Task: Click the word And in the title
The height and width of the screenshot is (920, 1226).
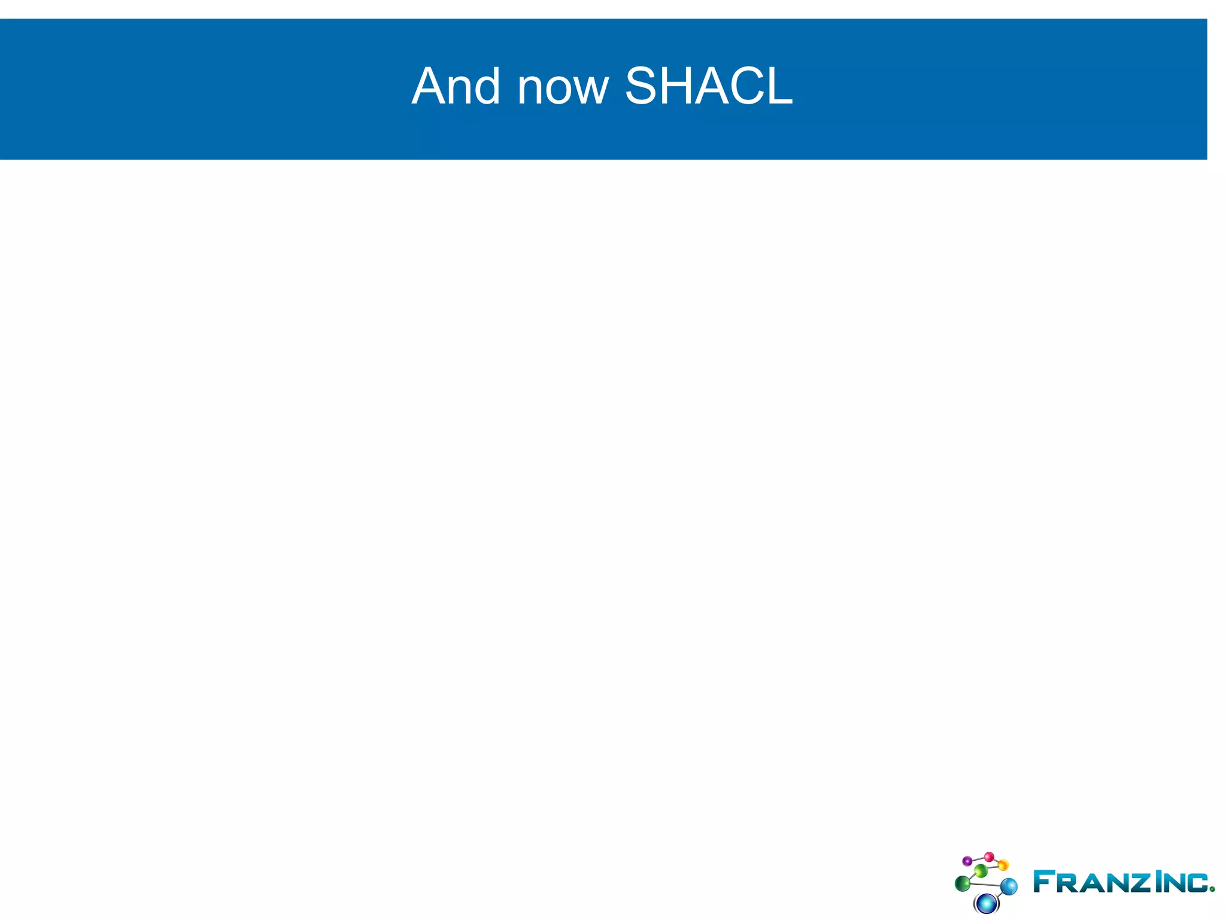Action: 456,86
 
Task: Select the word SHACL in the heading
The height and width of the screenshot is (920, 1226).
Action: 709,86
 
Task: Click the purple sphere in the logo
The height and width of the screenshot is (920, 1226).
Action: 967,861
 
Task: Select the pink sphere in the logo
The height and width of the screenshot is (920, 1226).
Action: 989,857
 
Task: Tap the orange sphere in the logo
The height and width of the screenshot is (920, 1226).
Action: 1003,865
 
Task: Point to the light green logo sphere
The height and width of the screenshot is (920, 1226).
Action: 981,870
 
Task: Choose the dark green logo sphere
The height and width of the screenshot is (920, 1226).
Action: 963,883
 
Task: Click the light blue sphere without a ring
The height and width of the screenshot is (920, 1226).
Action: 1009,886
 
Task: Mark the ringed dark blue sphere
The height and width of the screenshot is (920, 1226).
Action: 986,902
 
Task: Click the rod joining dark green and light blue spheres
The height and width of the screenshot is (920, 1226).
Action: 985,884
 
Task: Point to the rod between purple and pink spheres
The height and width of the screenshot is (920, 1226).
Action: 978,859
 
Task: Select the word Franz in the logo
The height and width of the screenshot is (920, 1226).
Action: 1091,882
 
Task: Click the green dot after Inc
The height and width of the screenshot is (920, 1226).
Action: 1212,889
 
